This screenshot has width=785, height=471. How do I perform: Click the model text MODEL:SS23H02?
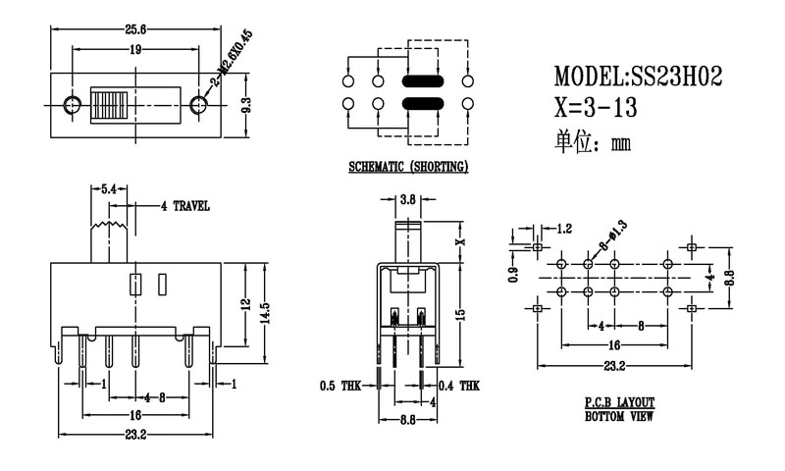[638, 76]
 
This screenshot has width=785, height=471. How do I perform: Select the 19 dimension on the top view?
[135, 48]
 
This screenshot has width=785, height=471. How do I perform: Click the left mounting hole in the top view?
[72, 104]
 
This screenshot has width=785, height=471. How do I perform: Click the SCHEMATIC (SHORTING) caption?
[408, 167]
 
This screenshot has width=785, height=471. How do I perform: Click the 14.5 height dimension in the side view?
[264, 314]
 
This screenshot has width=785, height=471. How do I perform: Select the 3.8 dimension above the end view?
[408, 199]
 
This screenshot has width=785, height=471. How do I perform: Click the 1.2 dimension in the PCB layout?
[564, 229]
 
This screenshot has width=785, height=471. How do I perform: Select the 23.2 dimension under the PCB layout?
[614, 367]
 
